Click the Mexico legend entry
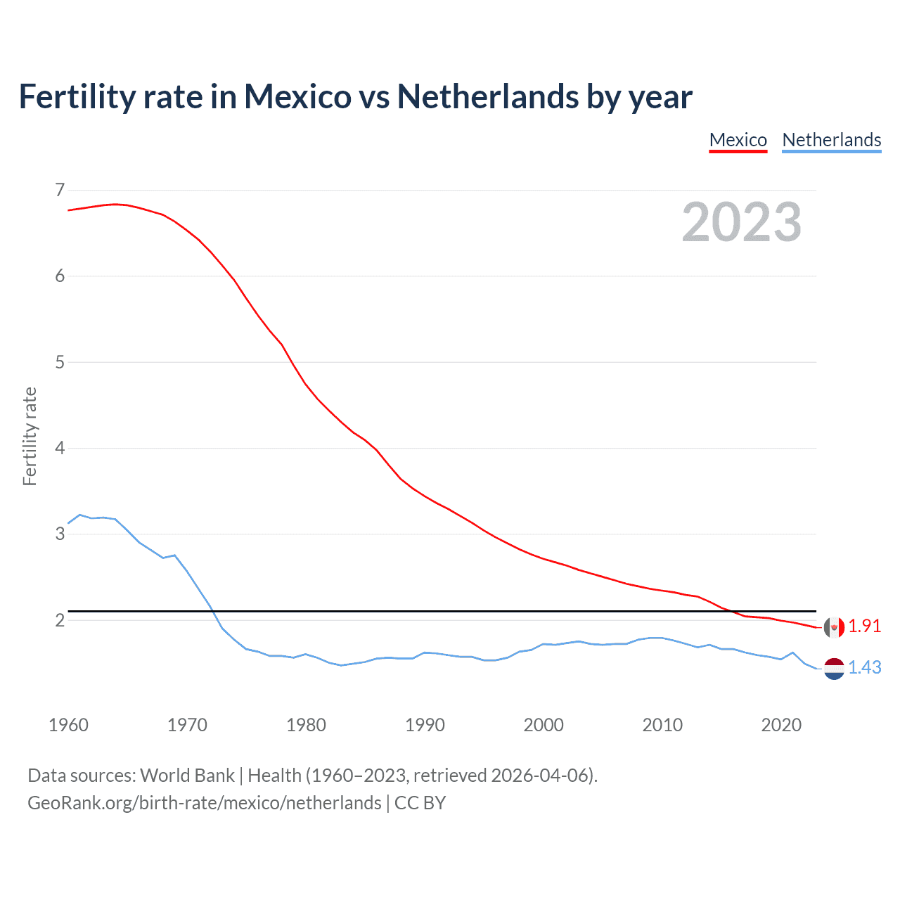pyautogui.click(x=738, y=140)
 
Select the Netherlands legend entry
pyautogui.click(x=831, y=140)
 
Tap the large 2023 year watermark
pyautogui.click(x=741, y=222)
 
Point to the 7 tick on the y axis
pyautogui.click(x=60, y=190)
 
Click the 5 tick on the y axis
pyautogui.click(x=60, y=362)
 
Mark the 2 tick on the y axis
pyautogui.click(x=60, y=620)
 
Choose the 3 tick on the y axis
pyautogui.click(x=60, y=534)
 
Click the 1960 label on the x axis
pyautogui.click(x=68, y=725)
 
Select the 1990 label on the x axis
pyautogui.click(x=425, y=725)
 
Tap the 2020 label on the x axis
pyautogui.click(x=781, y=725)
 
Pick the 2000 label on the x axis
pyautogui.click(x=544, y=725)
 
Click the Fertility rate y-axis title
pyautogui.click(x=30, y=436)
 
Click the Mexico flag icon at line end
pyautogui.click(x=834, y=627)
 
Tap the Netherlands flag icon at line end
pyautogui.click(x=834, y=668)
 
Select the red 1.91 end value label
pyautogui.click(x=864, y=626)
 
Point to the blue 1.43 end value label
pyautogui.click(x=864, y=667)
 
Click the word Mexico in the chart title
pyautogui.click(x=297, y=96)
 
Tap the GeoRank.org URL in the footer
pyautogui.click(x=204, y=803)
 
